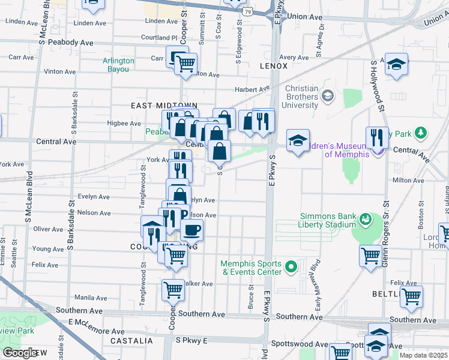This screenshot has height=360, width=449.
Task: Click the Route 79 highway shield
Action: (247, 11)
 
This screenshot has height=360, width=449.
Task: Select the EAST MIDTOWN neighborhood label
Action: (156, 105)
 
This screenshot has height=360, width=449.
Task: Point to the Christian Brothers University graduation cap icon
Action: (328, 96)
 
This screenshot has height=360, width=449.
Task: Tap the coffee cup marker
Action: (191, 229)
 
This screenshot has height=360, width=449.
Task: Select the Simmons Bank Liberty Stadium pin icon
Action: (365, 220)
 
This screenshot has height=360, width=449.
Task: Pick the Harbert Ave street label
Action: (250, 89)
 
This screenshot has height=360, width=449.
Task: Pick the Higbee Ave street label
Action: (123, 124)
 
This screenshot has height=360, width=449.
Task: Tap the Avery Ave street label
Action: (294, 58)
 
